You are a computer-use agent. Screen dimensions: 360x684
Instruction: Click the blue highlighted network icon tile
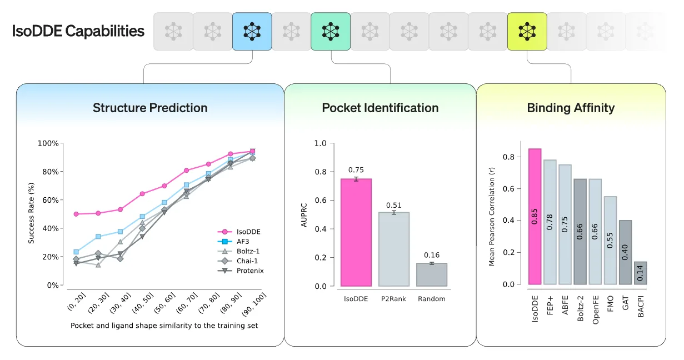click(x=252, y=32)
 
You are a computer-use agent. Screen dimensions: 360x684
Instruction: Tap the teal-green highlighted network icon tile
click(x=331, y=32)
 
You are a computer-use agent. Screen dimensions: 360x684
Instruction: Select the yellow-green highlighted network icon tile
click(x=527, y=32)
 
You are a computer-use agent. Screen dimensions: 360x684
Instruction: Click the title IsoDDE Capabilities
click(x=78, y=31)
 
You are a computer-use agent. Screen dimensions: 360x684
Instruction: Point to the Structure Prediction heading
click(x=150, y=108)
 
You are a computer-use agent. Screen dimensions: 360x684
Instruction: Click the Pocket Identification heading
click(x=380, y=108)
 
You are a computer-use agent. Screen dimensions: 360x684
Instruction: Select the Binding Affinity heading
click(x=571, y=108)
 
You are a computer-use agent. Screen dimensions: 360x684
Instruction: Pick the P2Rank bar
click(x=393, y=249)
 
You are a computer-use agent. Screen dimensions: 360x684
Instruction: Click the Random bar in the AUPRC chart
click(x=431, y=274)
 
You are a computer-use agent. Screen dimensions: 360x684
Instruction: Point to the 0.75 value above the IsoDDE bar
click(x=356, y=170)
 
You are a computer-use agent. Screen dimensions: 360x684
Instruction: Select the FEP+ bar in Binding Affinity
click(x=550, y=222)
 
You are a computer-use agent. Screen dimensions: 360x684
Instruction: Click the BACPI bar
click(x=640, y=273)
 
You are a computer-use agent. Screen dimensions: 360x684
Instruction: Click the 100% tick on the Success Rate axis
click(x=48, y=143)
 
